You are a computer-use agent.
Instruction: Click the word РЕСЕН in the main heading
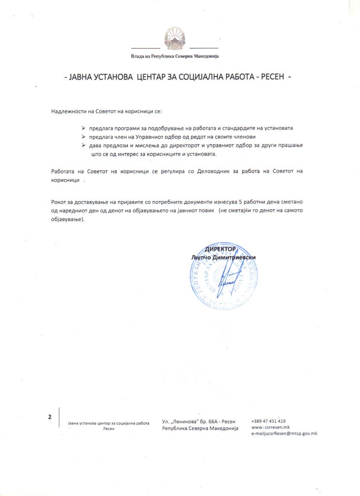[271, 77]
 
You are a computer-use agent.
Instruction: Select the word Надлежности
[68, 112]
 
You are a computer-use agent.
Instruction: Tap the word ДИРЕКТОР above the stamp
[220, 249]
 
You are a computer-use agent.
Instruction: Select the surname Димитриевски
[236, 257]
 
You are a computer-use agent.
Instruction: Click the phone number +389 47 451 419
[268, 421]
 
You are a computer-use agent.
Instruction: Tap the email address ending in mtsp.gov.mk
[284, 434]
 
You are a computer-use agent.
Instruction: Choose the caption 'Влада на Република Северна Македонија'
[175, 57]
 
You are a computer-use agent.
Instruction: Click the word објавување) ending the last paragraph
[67, 218]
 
